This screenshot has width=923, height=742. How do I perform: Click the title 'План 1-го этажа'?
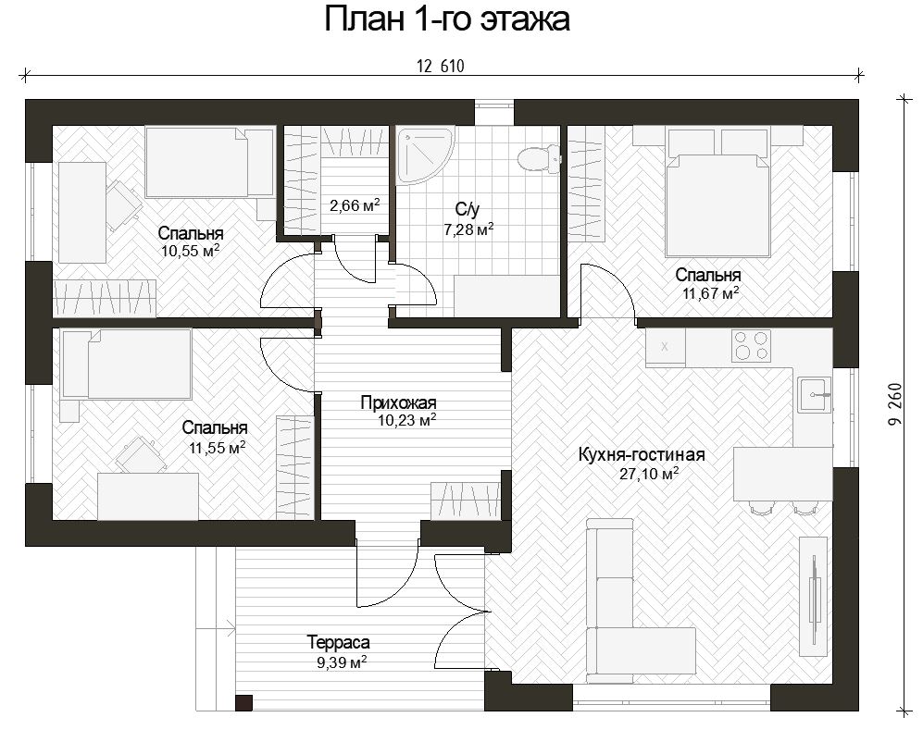(447, 19)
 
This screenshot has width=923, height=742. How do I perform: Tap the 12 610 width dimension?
(441, 67)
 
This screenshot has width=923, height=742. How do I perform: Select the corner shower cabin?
(424, 155)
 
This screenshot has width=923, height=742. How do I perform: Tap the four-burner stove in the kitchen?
(751, 345)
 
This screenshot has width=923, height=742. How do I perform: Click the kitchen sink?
(815, 395)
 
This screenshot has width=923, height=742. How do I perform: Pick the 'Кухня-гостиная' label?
(642, 454)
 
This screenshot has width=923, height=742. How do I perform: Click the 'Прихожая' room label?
(398, 403)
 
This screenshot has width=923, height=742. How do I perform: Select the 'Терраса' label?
(339, 643)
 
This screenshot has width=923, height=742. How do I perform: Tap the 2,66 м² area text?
(355, 206)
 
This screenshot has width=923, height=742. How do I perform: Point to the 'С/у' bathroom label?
(468, 209)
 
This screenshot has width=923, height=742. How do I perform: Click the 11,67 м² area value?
(711, 292)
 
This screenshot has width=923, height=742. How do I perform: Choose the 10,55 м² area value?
(190, 251)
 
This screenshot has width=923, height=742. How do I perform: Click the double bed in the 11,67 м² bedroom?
(717, 193)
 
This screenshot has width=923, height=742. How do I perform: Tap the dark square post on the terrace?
(243, 703)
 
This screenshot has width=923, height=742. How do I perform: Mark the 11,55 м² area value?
(218, 447)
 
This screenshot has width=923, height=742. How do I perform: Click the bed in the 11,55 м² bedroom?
(127, 365)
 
